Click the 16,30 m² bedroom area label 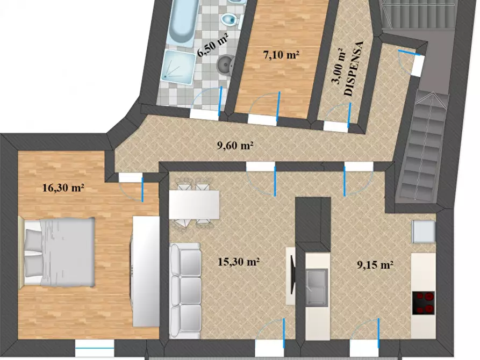pyautogui.click(x=63, y=188)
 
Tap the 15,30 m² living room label pyautogui.click(x=239, y=262)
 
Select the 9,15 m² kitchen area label pyautogui.click(x=375, y=264)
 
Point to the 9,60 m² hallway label pyautogui.click(x=235, y=146)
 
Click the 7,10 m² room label pyautogui.click(x=281, y=55)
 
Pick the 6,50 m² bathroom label pyautogui.click(x=213, y=45)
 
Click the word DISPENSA pyautogui.click(x=354, y=69)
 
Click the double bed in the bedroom pyautogui.click(x=56, y=253)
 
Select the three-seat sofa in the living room pyautogui.click(x=185, y=291)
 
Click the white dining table pyautogui.click(x=195, y=205)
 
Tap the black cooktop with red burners pyautogui.click(x=424, y=303)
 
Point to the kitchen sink pyautogui.click(x=317, y=287)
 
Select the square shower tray pyautogui.click(x=178, y=67)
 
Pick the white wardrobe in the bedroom pyautogui.click(x=146, y=271)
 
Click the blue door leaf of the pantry pyautogui.click(x=349, y=115)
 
